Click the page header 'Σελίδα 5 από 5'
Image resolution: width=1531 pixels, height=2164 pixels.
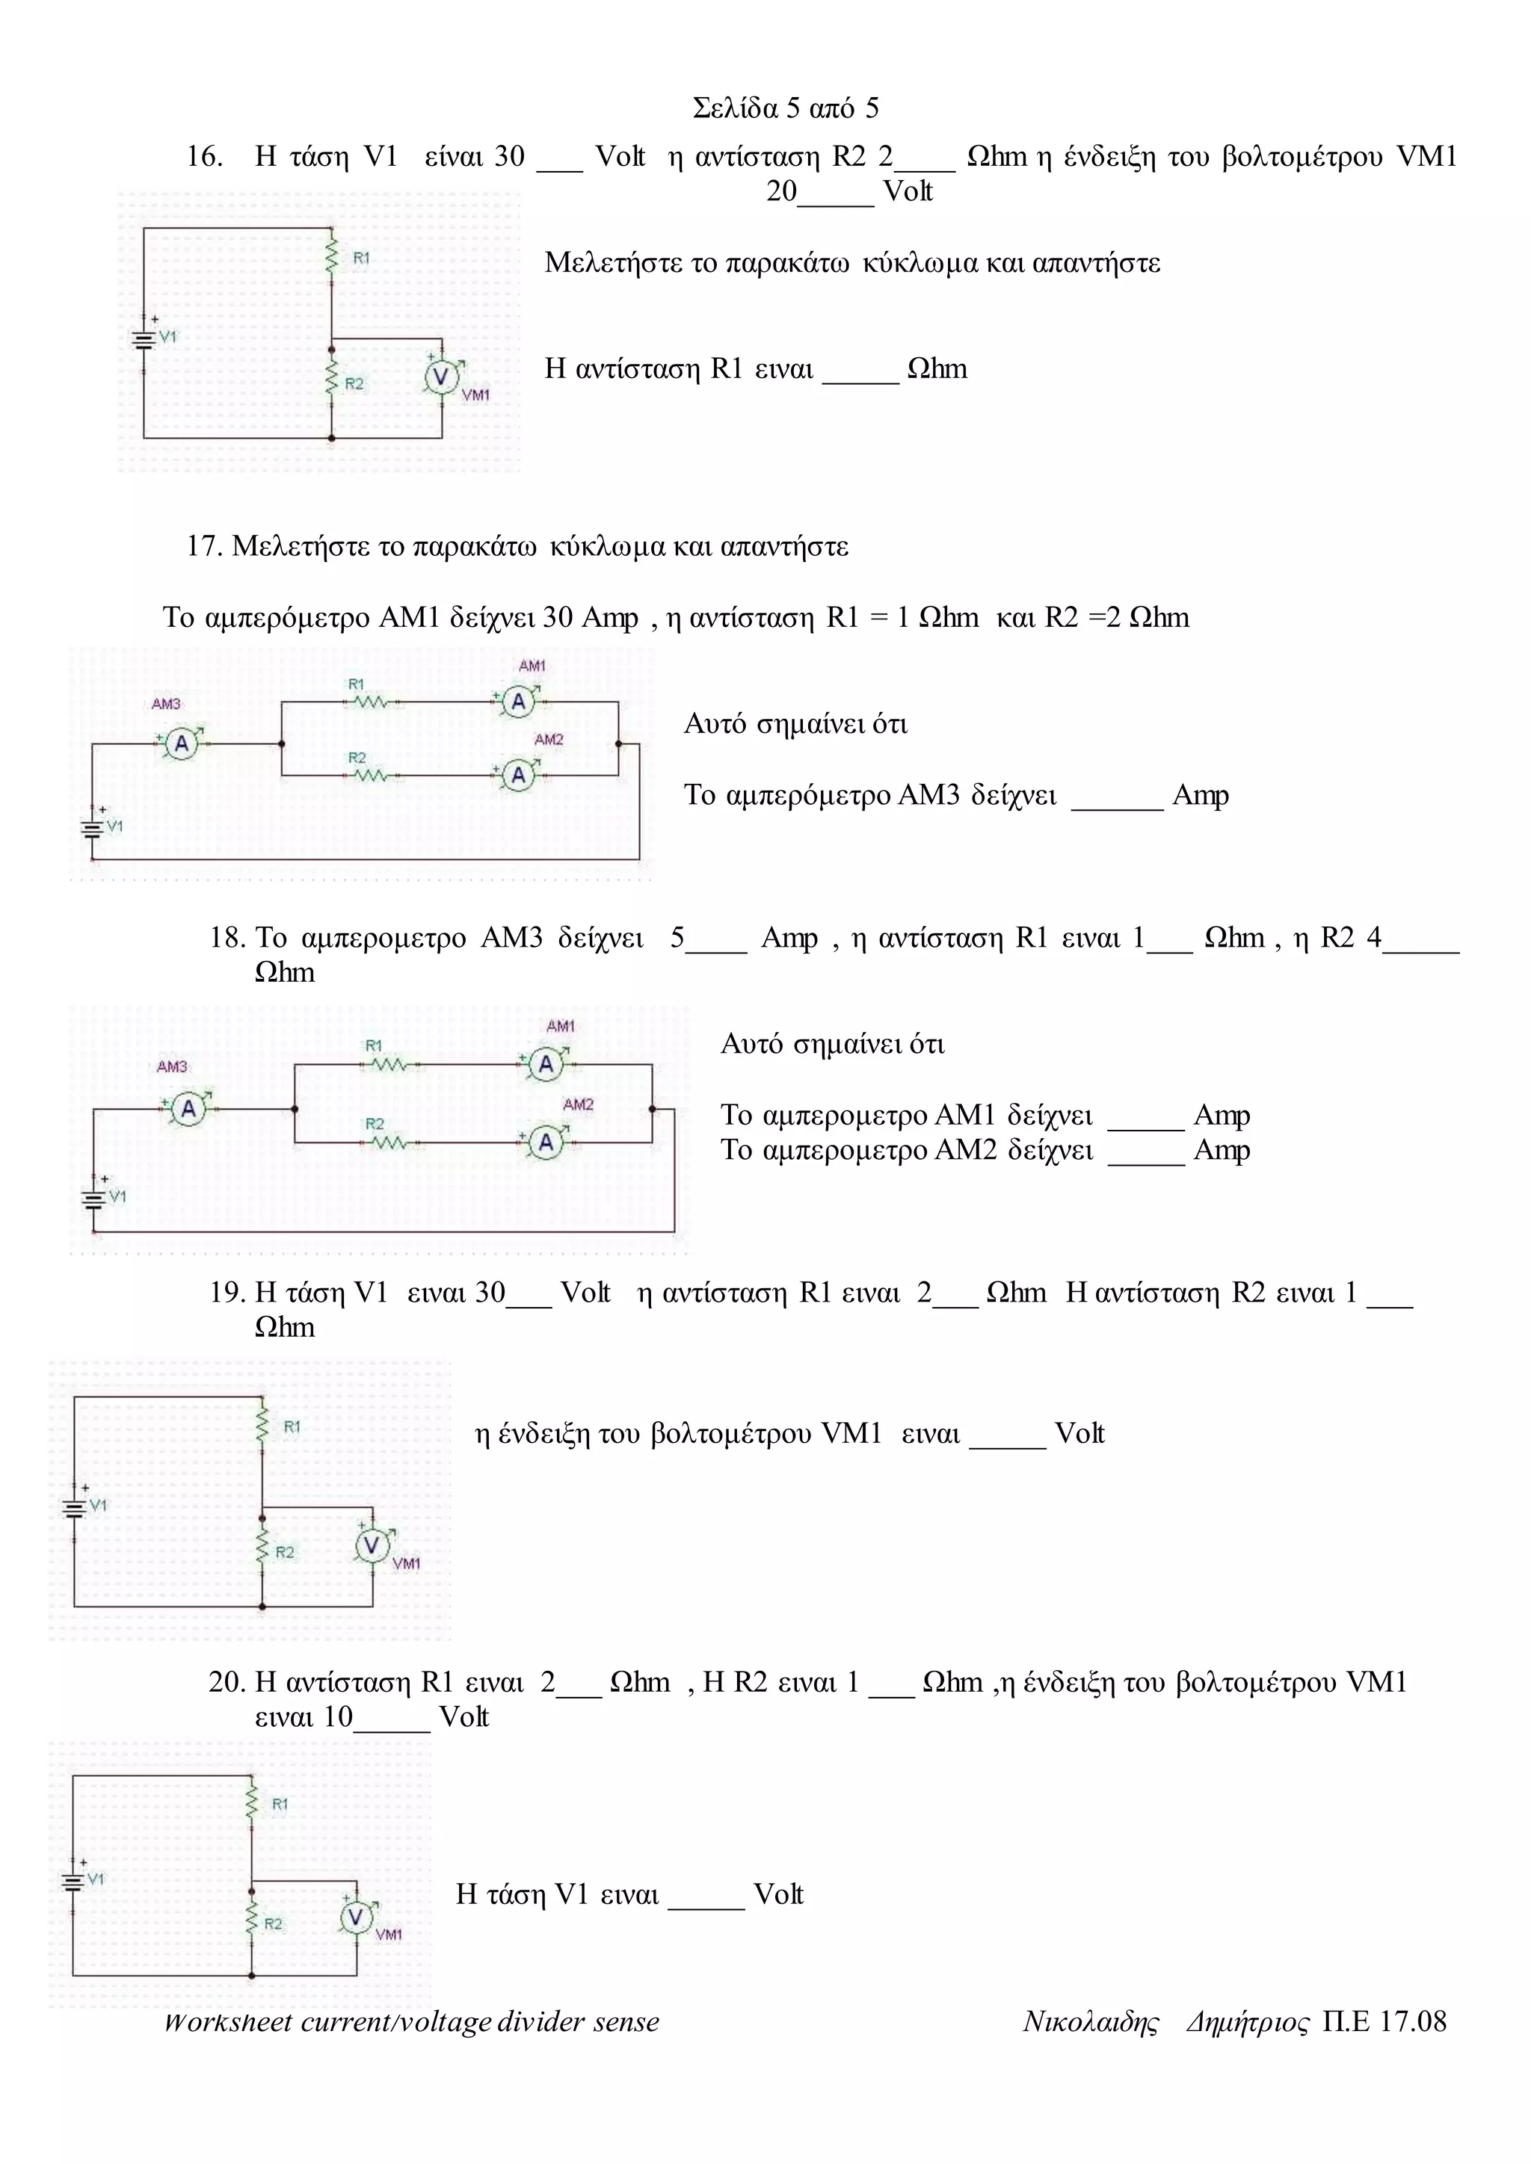(x=785, y=108)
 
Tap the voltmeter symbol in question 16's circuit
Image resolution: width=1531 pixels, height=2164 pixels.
(x=440, y=377)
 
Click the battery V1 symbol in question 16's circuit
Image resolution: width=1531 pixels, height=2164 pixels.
(x=144, y=339)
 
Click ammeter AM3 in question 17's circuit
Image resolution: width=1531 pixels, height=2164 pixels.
(x=182, y=744)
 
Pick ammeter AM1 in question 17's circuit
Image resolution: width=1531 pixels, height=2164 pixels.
(x=517, y=702)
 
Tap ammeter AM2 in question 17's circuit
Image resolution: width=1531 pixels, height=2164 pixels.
(x=517, y=775)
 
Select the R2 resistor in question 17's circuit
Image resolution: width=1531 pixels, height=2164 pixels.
(x=372, y=775)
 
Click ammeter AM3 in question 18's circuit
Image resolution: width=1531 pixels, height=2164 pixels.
(x=188, y=1110)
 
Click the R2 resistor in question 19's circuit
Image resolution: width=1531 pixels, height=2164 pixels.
(x=262, y=1551)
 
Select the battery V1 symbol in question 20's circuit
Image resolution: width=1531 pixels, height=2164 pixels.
(x=73, y=1882)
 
